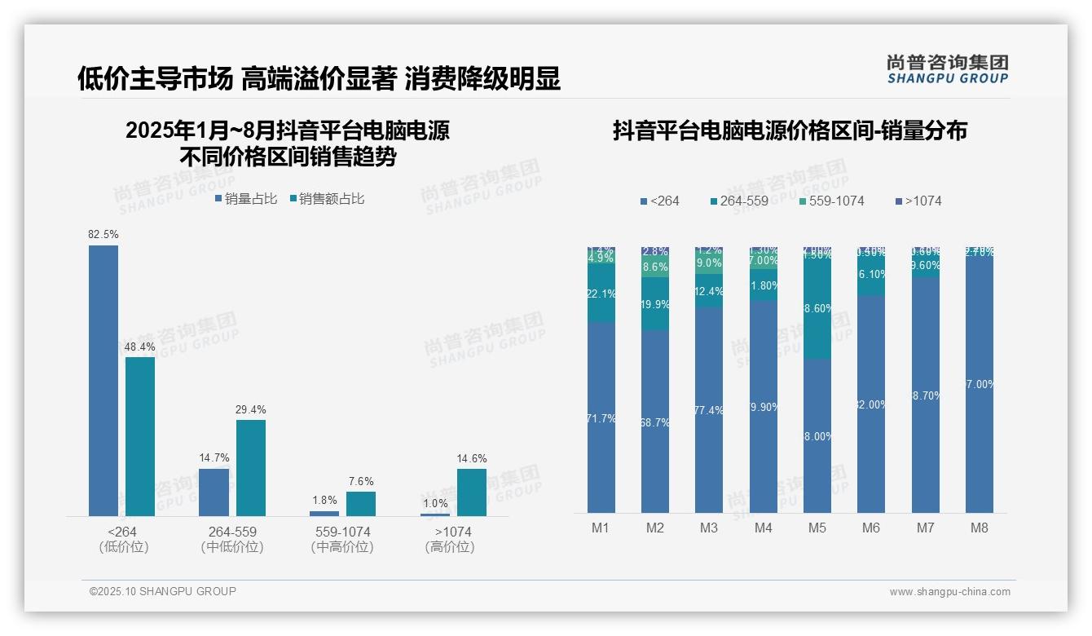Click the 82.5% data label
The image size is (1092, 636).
(103, 235)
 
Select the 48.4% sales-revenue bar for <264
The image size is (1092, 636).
(140, 436)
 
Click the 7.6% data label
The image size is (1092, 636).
(361, 482)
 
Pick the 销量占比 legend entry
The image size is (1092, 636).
(246, 199)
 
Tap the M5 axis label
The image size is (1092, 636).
(817, 528)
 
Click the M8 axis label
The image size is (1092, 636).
(980, 528)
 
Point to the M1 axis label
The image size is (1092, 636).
(601, 528)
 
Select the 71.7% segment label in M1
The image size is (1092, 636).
(601, 419)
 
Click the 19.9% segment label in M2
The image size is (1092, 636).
(655, 305)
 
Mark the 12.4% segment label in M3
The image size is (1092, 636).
(709, 292)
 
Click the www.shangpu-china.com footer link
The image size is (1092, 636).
(949, 592)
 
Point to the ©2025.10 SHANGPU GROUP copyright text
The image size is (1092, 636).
(163, 591)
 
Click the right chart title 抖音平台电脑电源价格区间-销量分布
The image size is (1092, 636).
(790, 131)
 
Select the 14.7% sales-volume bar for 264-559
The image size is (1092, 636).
(214, 492)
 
